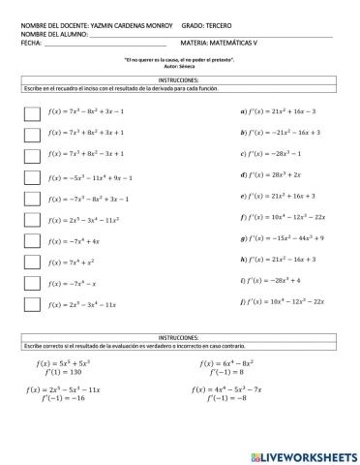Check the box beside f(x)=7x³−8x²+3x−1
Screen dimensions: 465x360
click(x=31, y=111)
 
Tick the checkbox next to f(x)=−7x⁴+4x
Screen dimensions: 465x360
click(x=31, y=240)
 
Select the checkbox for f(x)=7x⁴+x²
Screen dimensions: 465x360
click(x=31, y=262)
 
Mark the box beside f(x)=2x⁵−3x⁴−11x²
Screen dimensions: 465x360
click(x=31, y=219)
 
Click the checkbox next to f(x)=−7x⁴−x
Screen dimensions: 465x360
click(x=31, y=283)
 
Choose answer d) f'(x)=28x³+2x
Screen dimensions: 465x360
click(x=275, y=174)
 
